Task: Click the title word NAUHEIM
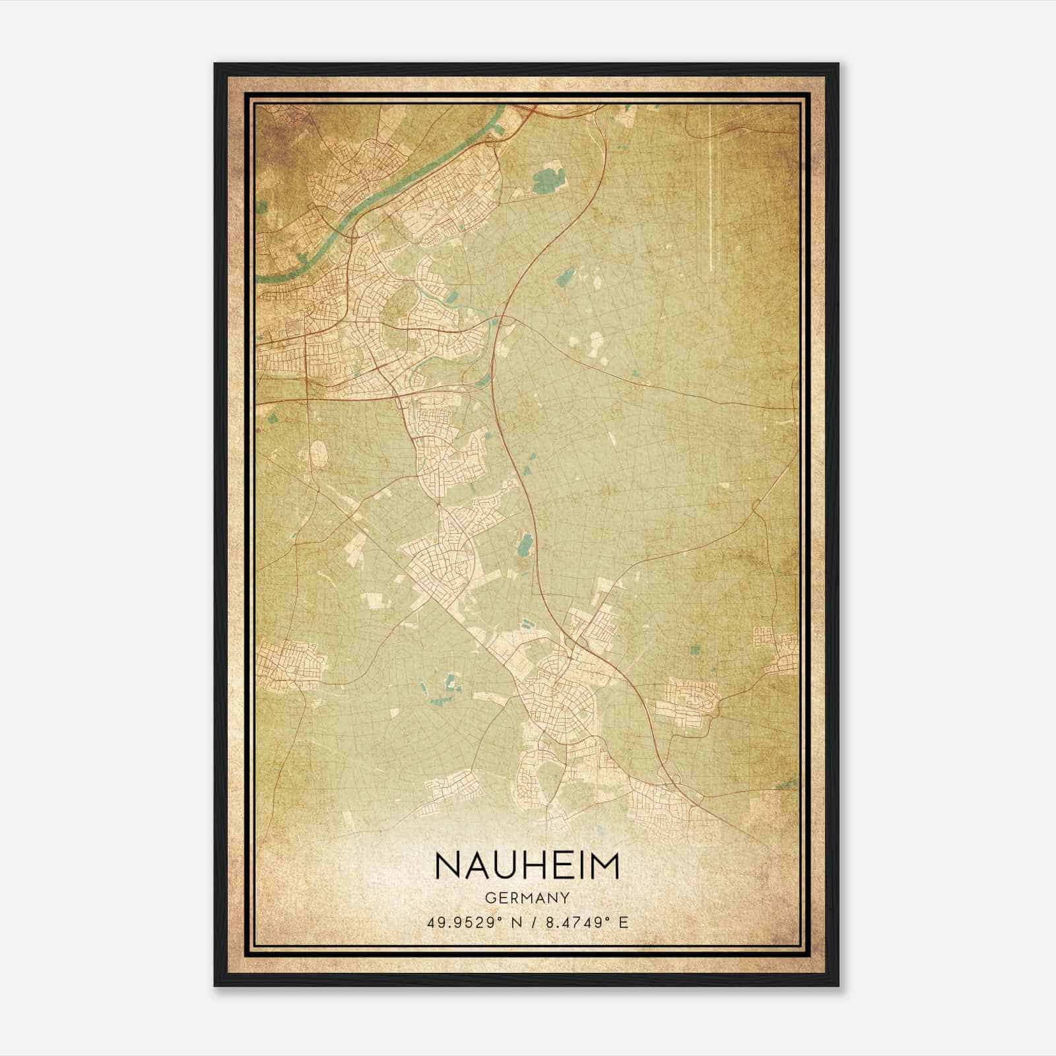click(x=527, y=867)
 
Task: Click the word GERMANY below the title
click(x=527, y=898)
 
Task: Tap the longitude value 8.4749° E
click(x=585, y=922)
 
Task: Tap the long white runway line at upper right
click(x=711, y=191)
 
